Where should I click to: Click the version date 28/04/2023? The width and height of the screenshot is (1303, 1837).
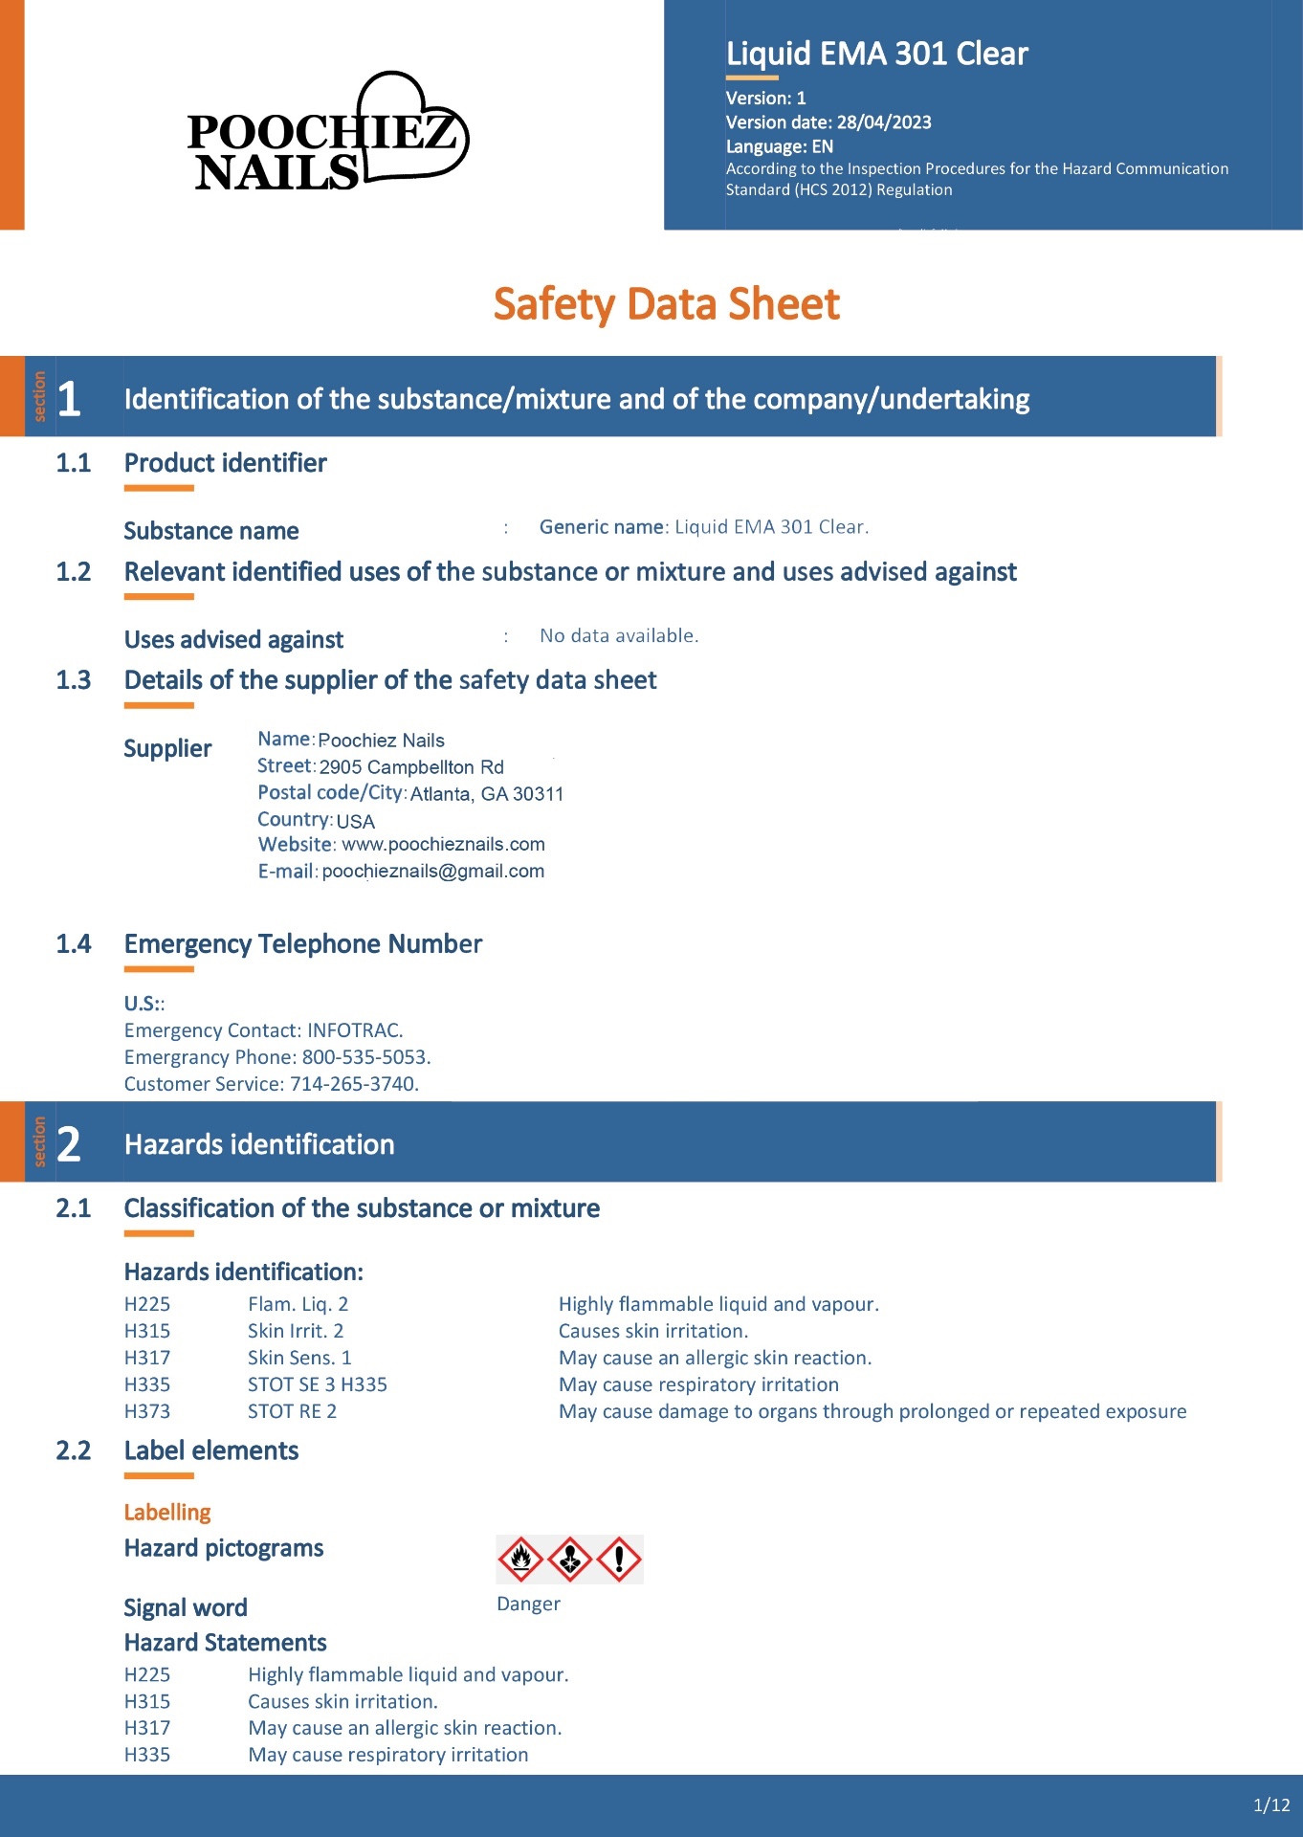tap(883, 122)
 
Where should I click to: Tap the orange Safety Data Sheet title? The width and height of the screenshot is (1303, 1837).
tap(666, 304)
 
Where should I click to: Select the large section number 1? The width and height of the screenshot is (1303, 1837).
tap(69, 399)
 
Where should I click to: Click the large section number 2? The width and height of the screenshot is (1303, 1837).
tap(69, 1144)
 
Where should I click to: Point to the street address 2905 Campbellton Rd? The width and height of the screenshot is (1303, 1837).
tap(411, 767)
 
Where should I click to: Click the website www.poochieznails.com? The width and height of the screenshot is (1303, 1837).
tap(443, 845)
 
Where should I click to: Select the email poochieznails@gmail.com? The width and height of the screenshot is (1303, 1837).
tap(433, 872)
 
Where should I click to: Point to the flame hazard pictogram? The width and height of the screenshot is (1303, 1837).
tap(521, 1560)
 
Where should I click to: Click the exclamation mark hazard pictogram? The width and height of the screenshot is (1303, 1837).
tap(619, 1560)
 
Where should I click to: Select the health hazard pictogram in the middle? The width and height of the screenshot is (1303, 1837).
tap(570, 1560)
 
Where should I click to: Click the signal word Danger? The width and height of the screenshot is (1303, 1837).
tap(528, 1605)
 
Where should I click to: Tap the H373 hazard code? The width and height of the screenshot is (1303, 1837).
tap(147, 1411)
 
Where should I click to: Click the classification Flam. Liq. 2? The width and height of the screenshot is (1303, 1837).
tap(298, 1304)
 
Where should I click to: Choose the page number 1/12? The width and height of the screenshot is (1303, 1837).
tap(1271, 1805)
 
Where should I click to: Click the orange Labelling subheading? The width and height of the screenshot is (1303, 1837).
tap(167, 1513)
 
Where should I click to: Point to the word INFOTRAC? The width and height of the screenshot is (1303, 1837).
tap(354, 1030)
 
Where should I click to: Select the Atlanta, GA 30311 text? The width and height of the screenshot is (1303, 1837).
tap(487, 794)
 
